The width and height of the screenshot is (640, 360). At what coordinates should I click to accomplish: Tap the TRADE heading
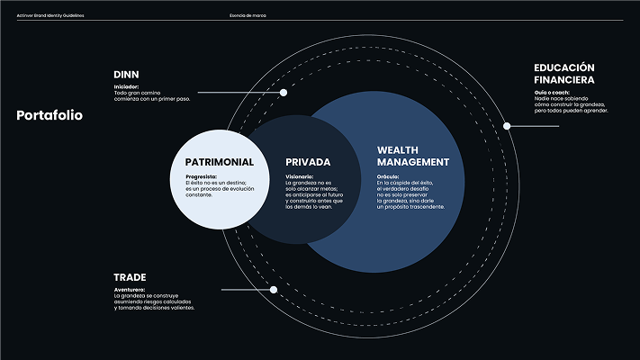point(130,277)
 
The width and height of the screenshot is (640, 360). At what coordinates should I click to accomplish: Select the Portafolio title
point(50,115)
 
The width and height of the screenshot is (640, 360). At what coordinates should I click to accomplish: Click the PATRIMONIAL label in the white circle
point(219,162)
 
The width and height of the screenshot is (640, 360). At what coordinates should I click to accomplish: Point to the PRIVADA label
point(309,162)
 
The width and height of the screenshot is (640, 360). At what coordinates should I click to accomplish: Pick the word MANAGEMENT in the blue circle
point(412,162)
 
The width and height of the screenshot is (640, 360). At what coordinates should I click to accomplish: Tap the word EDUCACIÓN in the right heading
point(564,67)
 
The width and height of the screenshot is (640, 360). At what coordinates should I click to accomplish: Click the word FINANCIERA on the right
point(563,80)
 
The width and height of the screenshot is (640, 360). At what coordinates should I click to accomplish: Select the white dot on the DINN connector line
point(284,93)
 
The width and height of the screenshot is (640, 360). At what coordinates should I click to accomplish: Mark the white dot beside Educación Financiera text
point(507,126)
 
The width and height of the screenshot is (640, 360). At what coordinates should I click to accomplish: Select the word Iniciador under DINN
point(126,86)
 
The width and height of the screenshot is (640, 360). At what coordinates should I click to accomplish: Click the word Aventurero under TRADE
point(131,290)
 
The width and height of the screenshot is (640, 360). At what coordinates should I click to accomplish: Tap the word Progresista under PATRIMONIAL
point(201,176)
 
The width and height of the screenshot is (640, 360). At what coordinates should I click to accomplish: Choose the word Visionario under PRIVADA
point(300,176)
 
